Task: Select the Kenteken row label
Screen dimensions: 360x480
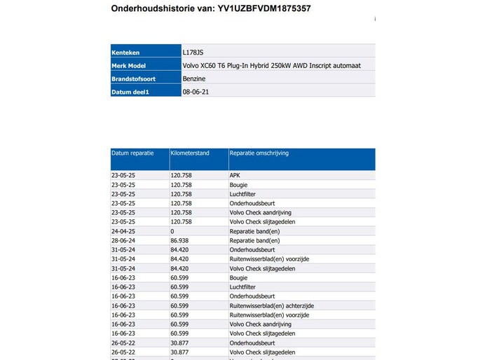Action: [125, 52]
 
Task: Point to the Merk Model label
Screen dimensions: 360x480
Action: [129, 65]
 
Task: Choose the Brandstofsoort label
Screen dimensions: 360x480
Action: [133, 78]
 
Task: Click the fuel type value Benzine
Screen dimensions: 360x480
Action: [194, 78]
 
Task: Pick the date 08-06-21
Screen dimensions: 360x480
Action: [196, 92]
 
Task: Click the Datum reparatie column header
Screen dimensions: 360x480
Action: [132, 152]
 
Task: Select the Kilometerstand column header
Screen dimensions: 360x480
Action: [189, 152]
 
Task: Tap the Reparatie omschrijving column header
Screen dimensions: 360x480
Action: [259, 152]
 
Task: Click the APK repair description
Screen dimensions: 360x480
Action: [235, 176]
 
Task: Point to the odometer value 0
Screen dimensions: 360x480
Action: [172, 230]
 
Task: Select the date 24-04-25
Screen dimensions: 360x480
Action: [123, 230]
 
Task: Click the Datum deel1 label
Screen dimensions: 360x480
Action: [131, 92]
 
